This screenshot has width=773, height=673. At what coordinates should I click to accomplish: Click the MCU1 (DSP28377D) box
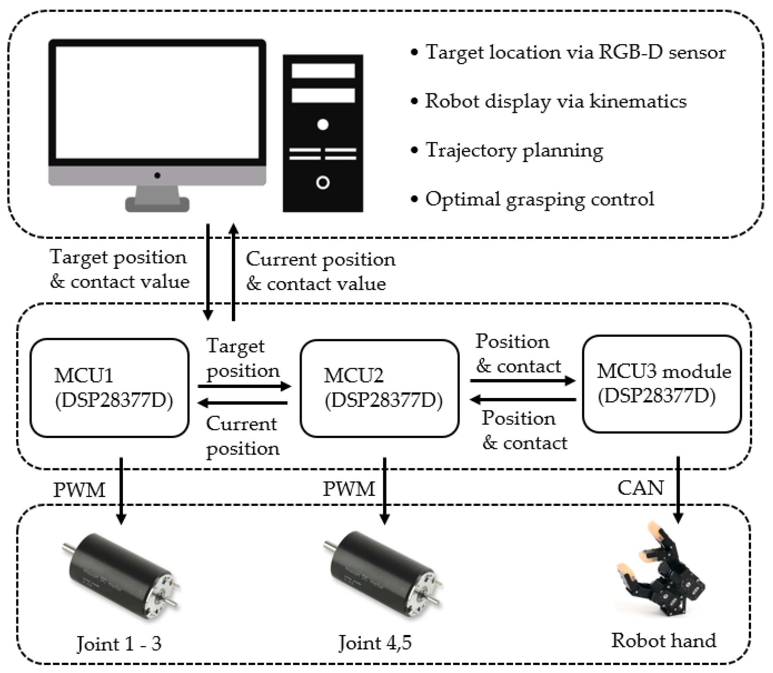[109, 388]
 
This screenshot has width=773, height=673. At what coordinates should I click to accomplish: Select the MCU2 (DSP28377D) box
[379, 388]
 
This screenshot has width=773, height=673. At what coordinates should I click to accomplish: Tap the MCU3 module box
[662, 384]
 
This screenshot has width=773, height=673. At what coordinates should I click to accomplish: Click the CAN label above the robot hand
[640, 488]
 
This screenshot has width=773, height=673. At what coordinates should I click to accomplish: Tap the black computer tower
[323, 133]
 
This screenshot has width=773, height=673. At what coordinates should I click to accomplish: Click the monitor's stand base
[157, 205]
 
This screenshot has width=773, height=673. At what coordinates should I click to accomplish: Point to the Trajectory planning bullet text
[514, 151]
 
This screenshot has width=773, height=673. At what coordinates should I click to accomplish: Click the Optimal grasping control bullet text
[539, 199]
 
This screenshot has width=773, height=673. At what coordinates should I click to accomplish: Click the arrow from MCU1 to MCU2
[244, 386]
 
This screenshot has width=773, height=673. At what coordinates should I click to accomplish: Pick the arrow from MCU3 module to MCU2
[523, 399]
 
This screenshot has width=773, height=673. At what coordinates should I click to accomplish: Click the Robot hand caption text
[664, 640]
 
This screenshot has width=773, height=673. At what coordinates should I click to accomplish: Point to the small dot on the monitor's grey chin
[157, 175]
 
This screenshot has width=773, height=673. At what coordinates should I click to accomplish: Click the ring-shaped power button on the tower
[323, 183]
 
